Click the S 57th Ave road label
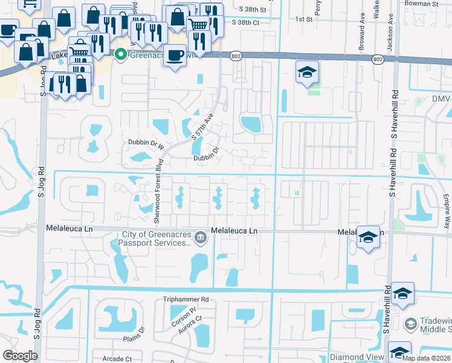point(202,128)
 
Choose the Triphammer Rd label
point(186,299)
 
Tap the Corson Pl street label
point(184,317)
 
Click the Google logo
point(20,355)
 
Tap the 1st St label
point(303,19)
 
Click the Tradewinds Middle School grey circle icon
point(411,324)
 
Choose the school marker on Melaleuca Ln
point(368,237)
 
